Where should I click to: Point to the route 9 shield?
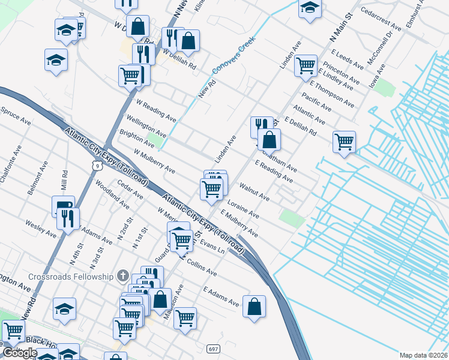[97, 164]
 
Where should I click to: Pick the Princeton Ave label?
[340, 72]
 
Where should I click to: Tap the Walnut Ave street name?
[255, 193]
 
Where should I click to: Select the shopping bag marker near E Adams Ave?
[255, 306]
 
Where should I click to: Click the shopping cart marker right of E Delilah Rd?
[344, 142]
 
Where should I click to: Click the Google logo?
[20, 353]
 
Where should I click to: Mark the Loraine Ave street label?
[243, 207]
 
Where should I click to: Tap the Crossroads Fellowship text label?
[71, 276]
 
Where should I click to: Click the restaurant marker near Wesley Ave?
[68, 218]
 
